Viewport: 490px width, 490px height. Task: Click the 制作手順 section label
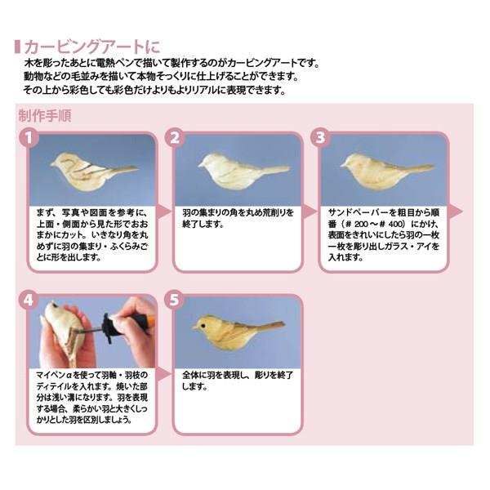click(45, 116)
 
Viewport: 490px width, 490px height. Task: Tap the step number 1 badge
click(29, 137)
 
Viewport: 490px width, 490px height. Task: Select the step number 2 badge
click(175, 137)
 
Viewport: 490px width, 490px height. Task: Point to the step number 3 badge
click(320, 137)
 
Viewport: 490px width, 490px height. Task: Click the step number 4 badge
click(29, 300)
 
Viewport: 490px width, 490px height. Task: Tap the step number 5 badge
click(175, 300)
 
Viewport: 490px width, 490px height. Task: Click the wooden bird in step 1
click(93, 171)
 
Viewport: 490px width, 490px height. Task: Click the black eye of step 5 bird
click(203, 326)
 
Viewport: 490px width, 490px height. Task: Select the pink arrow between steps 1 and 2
click(163, 212)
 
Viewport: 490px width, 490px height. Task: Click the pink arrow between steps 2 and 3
click(310, 212)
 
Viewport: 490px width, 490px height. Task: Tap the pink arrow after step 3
click(455, 212)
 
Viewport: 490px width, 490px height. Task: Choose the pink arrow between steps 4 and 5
click(163, 374)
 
